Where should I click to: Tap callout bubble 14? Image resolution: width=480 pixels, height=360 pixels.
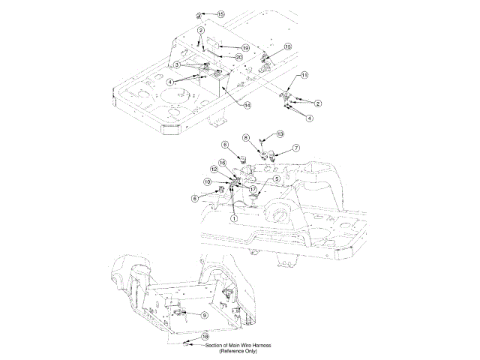[x=247, y=105]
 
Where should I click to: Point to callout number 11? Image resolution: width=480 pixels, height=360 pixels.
[x=304, y=76]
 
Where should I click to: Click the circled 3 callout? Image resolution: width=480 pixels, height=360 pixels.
[x=177, y=66]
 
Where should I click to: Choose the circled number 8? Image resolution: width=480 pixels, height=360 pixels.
[x=245, y=137]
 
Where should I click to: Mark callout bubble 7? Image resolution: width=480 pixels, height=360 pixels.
[x=296, y=148]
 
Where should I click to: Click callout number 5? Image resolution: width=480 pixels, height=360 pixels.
[x=277, y=178]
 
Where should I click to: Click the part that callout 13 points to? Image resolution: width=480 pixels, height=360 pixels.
[x=261, y=141]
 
